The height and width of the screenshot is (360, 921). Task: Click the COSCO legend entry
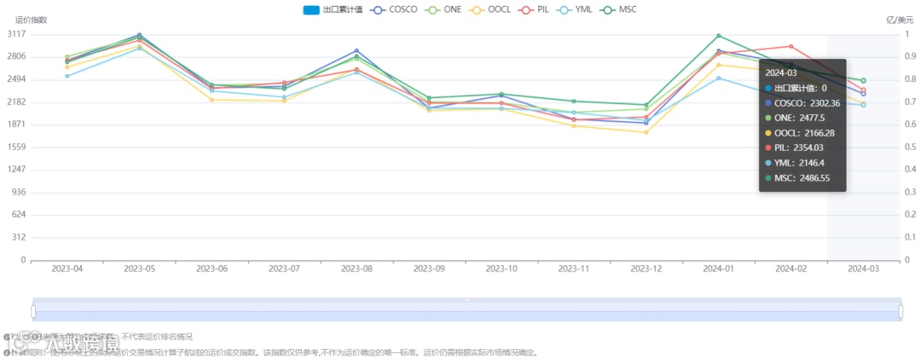[397, 9]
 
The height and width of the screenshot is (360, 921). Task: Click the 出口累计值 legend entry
[333, 9]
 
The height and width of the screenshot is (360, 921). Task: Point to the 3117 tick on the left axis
[15, 34]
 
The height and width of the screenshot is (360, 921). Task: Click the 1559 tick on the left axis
[15, 147]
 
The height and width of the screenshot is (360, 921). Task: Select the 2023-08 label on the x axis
[356, 269]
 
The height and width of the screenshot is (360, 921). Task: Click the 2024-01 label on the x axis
[719, 269]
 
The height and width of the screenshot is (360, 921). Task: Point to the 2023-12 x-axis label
[646, 269]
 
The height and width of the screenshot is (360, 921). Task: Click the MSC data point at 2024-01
[719, 36]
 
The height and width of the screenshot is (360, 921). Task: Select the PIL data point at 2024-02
[791, 46]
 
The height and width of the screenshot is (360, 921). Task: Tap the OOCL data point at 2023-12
[646, 132]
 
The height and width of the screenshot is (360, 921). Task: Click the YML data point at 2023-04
[67, 76]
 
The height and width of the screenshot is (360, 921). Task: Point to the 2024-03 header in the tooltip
[782, 73]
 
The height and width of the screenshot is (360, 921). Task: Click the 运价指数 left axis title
[32, 20]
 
